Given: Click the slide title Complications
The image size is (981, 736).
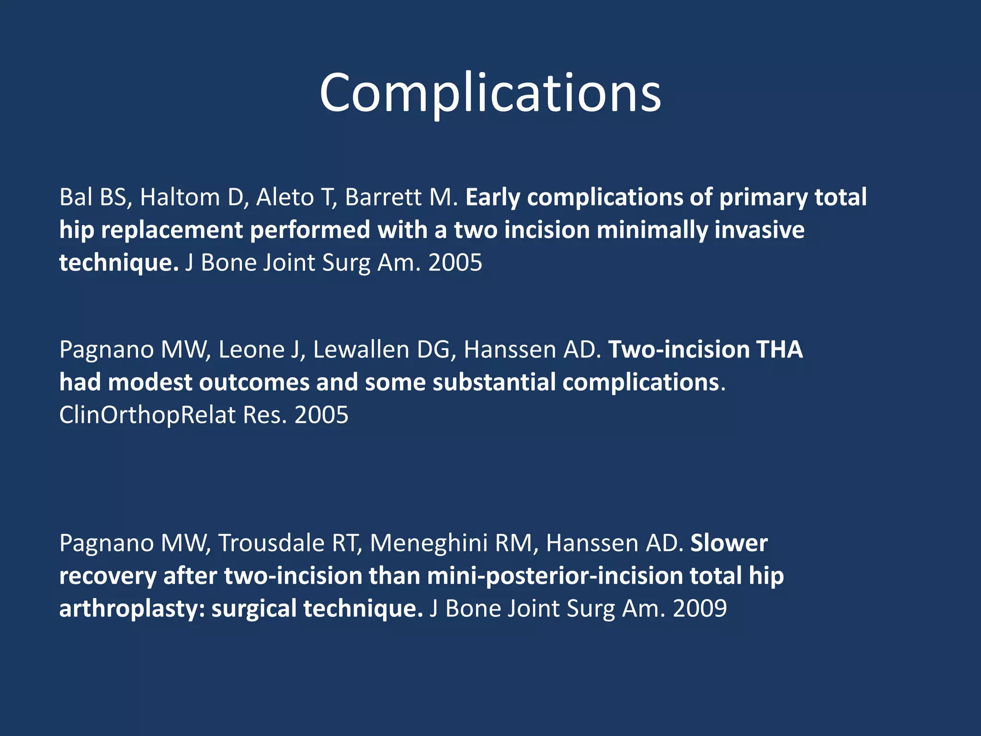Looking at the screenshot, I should pyautogui.click(x=490, y=93).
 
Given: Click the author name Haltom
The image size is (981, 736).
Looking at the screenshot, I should pyautogui.click(x=179, y=197).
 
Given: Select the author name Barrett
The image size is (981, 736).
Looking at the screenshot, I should pyautogui.click(x=382, y=197).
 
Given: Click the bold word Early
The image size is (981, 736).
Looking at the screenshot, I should pyautogui.click(x=492, y=197).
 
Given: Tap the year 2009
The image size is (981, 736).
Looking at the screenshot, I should pyautogui.click(x=699, y=609).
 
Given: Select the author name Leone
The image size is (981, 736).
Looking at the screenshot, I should pyautogui.click(x=251, y=350).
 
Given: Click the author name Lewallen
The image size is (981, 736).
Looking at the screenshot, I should pyautogui.click(x=361, y=350).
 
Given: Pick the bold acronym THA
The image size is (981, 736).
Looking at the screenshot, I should pyautogui.click(x=779, y=350).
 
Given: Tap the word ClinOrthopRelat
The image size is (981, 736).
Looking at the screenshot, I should pyautogui.click(x=148, y=415).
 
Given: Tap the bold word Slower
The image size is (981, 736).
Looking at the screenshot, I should pyautogui.click(x=729, y=543).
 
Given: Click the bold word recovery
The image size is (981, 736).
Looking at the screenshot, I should pyautogui.click(x=108, y=576).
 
